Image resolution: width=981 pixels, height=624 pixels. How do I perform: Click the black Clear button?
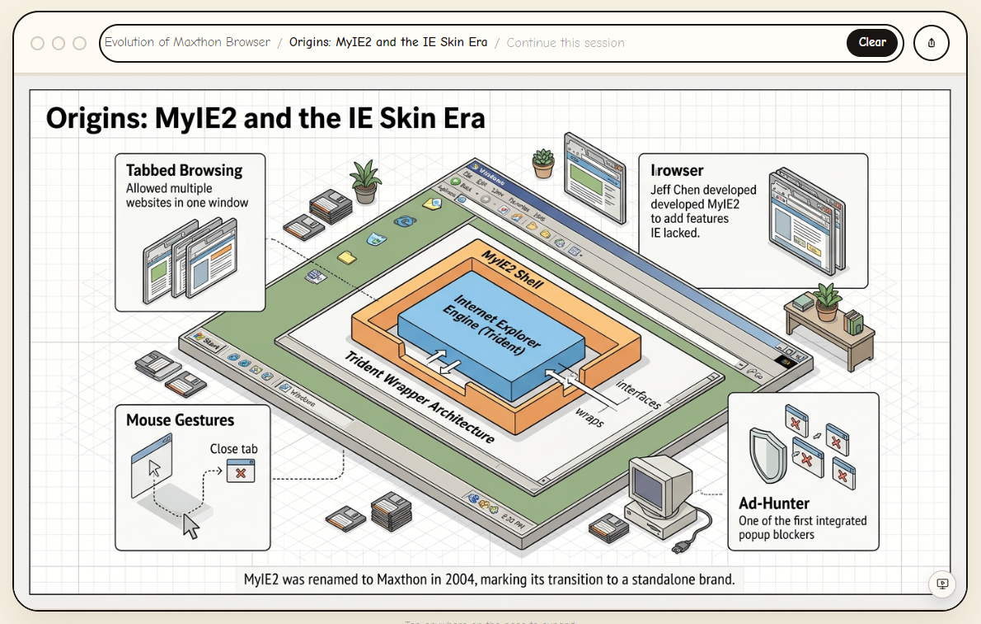(x=871, y=43)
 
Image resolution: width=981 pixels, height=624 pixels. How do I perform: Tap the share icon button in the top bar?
(x=931, y=43)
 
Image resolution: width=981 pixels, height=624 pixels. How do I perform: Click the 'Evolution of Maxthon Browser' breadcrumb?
(x=187, y=42)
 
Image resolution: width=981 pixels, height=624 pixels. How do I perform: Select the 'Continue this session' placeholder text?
(x=566, y=43)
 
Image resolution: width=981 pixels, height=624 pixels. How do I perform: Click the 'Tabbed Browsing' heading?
(x=184, y=171)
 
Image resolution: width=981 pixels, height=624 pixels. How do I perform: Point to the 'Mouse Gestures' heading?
(x=180, y=420)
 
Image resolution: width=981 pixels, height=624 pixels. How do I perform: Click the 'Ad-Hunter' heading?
(x=774, y=503)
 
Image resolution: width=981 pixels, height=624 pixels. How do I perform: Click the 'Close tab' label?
(x=233, y=449)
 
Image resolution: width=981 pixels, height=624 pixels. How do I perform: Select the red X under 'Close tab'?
(x=241, y=473)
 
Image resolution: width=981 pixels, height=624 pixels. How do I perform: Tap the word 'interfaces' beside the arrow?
(x=638, y=395)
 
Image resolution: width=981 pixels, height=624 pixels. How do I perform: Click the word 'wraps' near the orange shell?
(x=589, y=417)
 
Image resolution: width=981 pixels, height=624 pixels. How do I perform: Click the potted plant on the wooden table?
(x=825, y=300)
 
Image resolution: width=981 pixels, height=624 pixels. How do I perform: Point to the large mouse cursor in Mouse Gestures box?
(x=190, y=525)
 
